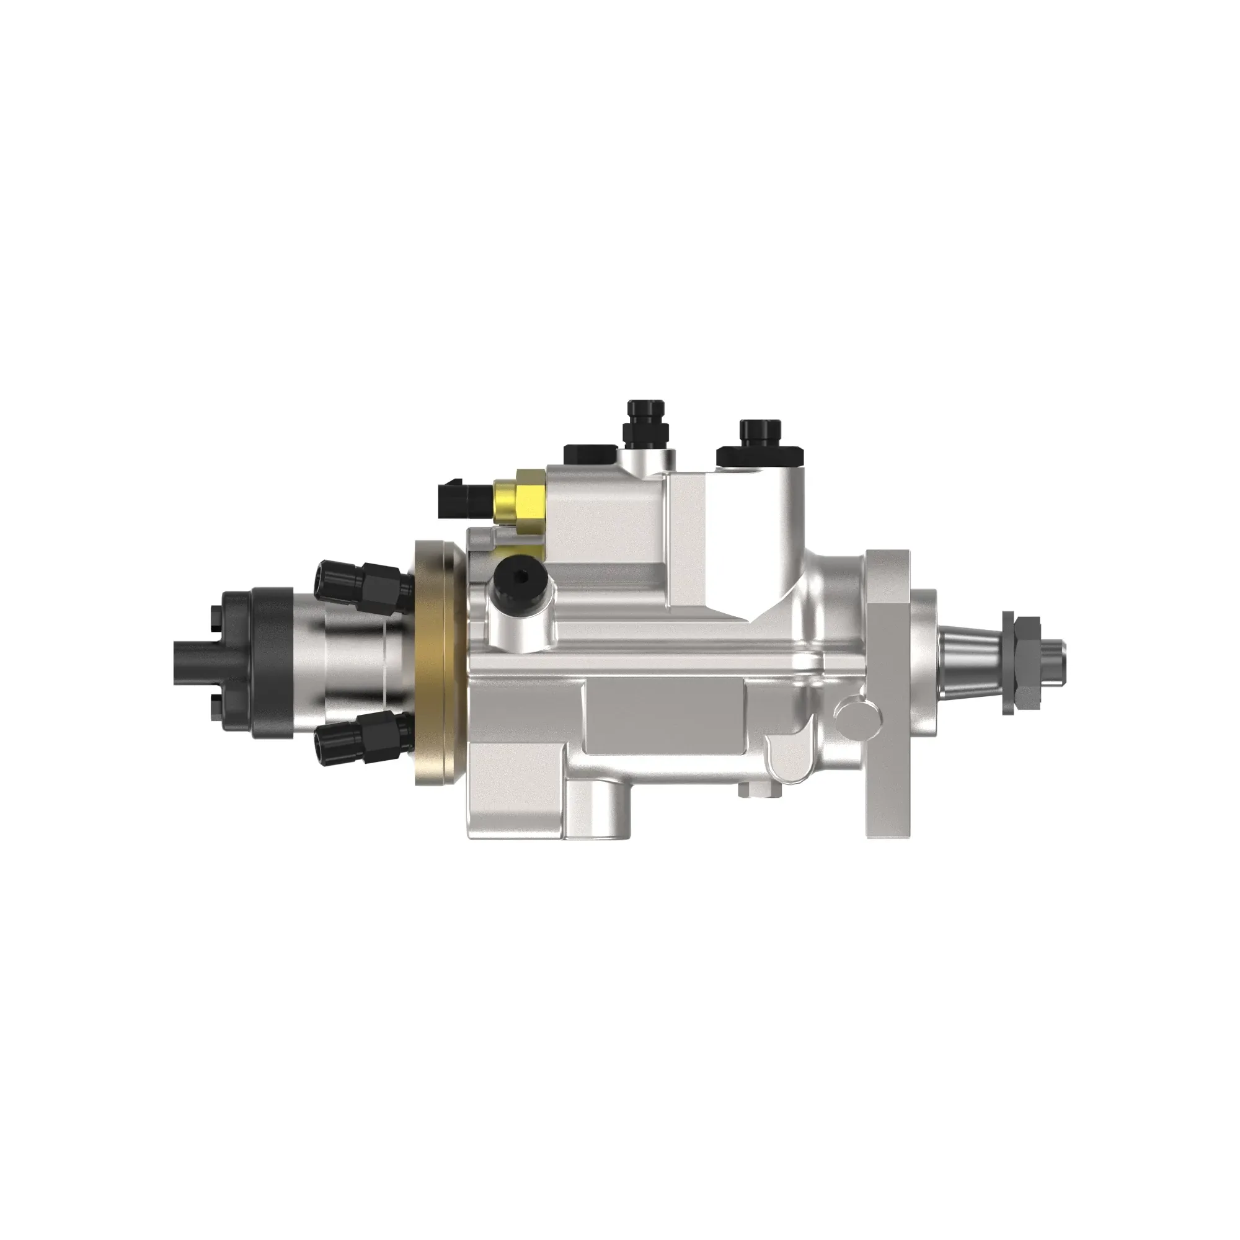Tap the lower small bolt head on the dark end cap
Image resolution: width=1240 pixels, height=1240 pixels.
pos(215,700)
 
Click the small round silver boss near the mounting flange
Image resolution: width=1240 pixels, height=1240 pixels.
pos(851,712)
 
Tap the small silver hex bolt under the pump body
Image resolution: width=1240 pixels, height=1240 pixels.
pos(745,790)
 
